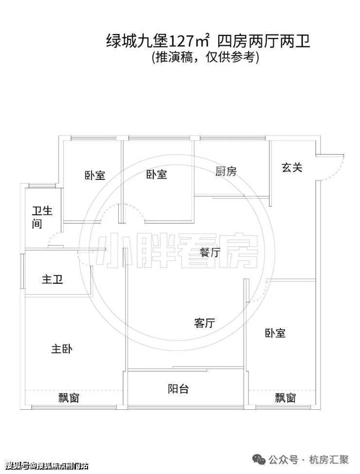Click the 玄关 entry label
coord(291,167)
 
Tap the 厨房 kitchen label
coord(226,172)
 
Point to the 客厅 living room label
coord(204,323)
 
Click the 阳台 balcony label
coord(178,389)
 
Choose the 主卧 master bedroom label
coord(62,349)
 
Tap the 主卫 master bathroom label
coord(53,279)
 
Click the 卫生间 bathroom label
coord(42,217)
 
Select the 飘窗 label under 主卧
coord(69,398)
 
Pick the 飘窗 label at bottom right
coord(285,398)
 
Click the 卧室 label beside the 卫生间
coord(95,176)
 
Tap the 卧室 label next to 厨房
coord(156,175)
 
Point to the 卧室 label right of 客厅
coord(275,333)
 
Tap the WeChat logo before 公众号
coord(259,460)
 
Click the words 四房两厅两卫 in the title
coord(264,41)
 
